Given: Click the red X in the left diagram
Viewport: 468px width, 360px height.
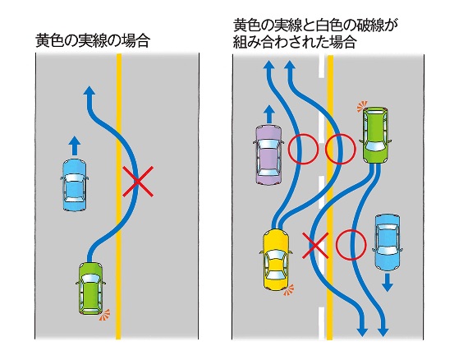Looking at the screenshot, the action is (138, 182).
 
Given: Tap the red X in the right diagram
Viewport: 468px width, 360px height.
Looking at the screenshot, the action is (315, 245).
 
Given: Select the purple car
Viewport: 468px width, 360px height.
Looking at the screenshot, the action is (268, 155).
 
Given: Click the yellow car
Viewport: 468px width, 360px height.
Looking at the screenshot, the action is (276, 260).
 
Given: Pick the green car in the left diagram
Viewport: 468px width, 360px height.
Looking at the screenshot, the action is (91, 288).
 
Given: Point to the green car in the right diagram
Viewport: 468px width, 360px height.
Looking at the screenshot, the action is (375, 135).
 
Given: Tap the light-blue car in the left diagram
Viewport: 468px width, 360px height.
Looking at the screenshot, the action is (75, 185).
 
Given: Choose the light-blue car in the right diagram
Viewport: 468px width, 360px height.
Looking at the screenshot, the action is (387, 242).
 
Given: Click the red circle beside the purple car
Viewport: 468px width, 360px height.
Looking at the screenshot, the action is (303, 149).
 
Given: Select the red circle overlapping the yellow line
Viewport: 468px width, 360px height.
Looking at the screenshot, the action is (340, 149).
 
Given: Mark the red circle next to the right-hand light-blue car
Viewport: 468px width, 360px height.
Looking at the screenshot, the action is (351, 245).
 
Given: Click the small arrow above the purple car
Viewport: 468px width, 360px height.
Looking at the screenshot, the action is (268, 113).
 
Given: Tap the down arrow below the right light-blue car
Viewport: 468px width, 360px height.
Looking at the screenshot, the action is (388, 283).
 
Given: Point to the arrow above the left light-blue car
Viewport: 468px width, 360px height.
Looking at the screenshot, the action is (75, 145).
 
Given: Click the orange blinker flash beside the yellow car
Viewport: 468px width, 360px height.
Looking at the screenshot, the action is (289, 290).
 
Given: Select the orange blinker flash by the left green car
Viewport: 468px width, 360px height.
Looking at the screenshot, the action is (104, 315).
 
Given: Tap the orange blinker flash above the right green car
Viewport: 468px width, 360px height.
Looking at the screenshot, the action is (362, 106).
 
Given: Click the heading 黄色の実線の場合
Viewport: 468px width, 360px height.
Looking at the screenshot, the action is (93, 41).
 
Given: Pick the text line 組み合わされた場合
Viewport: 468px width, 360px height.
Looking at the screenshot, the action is (295, 42).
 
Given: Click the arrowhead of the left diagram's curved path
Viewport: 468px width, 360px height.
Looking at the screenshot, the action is (89, 90).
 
